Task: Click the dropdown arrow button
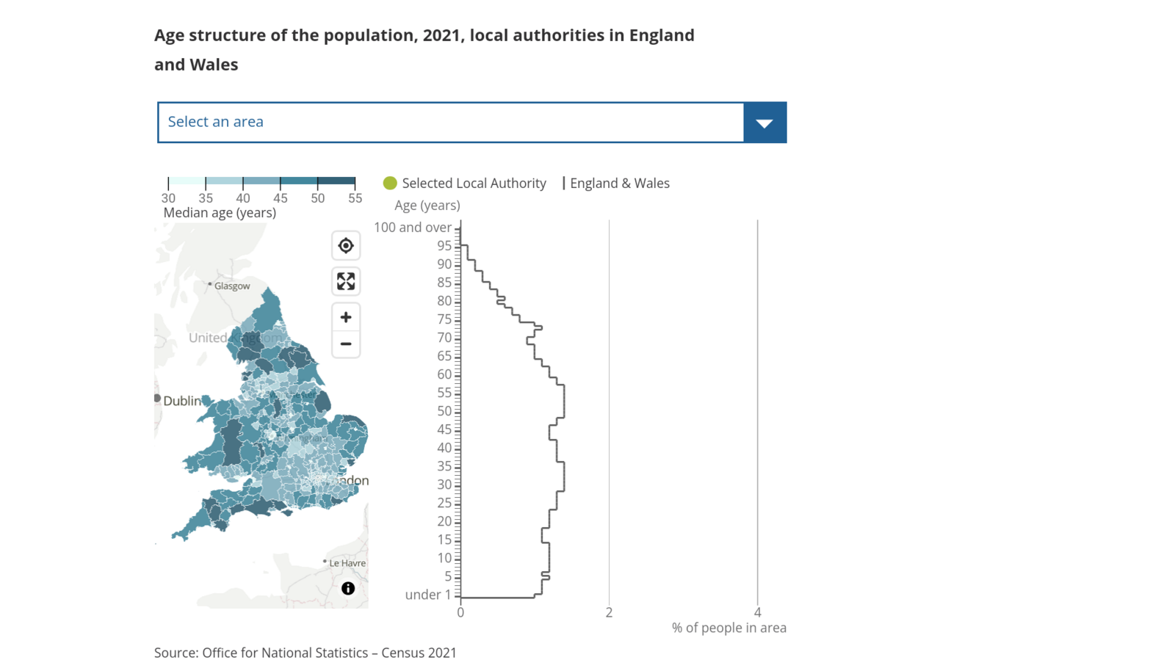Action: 764,123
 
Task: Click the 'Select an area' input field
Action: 450,123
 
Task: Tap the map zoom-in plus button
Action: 346,317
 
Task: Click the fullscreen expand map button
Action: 346,281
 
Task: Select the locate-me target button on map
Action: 346,246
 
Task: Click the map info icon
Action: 348,588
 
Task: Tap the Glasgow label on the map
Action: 232,286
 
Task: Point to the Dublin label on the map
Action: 181,401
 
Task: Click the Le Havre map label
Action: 347,563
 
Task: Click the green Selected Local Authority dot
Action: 390,183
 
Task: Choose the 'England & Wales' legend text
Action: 620,184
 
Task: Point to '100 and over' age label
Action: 413,228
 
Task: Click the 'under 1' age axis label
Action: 428,595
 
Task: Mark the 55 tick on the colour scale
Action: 355,198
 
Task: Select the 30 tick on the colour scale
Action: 169,198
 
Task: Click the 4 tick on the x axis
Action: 758,612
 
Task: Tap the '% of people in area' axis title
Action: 728,628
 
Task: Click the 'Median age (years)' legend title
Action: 220,213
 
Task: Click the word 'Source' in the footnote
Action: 176,653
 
